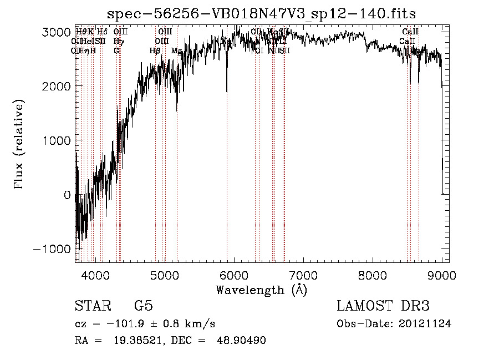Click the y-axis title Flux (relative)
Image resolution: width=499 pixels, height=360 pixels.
click(19, 145)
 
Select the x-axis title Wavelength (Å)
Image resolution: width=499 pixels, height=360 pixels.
click(261, 289)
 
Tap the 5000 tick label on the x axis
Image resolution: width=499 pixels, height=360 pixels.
click(165, 274)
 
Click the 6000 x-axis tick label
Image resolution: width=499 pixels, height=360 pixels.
click(235, 274)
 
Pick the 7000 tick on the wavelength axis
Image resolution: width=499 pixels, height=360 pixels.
click(304, 274)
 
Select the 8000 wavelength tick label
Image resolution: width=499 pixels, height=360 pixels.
click(373, 274)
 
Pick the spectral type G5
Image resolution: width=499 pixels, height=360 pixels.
click(143, 306)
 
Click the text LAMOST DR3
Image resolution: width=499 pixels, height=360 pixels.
click(383, 306)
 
